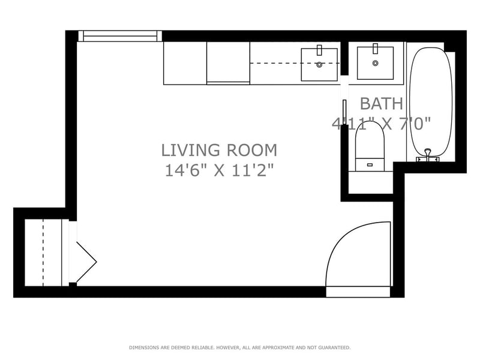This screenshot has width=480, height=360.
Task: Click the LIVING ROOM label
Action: pyautogui.click(x=219, y=151)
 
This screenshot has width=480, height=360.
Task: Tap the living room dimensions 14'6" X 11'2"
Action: pyautogui.click(x=219, y=170)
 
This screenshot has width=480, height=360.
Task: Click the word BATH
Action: pyautogui.click(x=382, y=103)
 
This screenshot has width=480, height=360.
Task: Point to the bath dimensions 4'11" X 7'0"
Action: pyautogui.click(x=382, y=124)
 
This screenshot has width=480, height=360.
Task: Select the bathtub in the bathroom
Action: pyautogui.click(x=431, y=103)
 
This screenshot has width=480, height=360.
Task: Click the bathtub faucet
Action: pyautogui.click(x=428, y=155)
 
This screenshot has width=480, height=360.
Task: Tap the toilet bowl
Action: pyautogui.click(x=370, y=142)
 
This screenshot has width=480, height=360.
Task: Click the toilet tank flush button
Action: pyautogui.click(x=370, y=164)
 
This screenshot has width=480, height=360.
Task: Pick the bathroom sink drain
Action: pyautogui.click(x=376, y=63)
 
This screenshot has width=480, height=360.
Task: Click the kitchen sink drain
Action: pyautogui.click(x=319, y=65)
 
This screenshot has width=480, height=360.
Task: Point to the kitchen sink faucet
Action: pyautogui.click(x=319, y=50)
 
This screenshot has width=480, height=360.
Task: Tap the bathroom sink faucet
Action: pyautogui.click(x=376, y=49)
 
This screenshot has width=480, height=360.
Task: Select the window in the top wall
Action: pyautogui.click(x=120, y=36)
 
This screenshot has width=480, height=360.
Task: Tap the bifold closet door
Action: pyautogui.click(x=86, y=262)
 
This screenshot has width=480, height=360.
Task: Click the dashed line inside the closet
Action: pyautogui.click(x=43, y=253)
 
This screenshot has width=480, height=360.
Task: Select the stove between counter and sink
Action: pyautogui.click(x=229, y=63)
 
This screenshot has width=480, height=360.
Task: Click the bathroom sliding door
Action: pyautogui.click(x=344, y=112)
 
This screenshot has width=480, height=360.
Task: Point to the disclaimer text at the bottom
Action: pyautogui.click(x=239, y=347)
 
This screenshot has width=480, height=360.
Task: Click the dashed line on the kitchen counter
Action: pyautogui.click(x=295, y=63)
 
